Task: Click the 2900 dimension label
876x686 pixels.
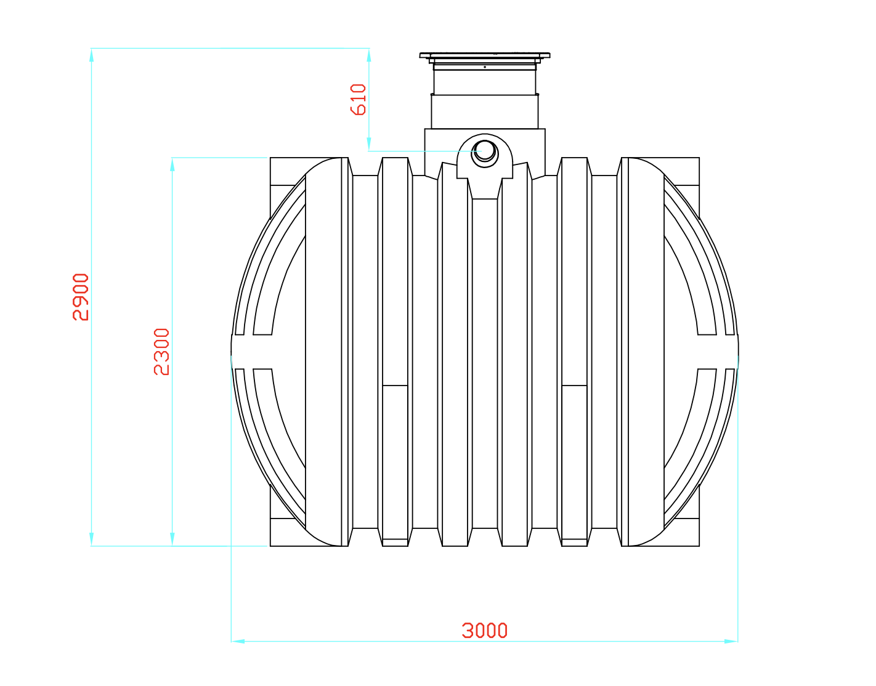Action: click(81, 297)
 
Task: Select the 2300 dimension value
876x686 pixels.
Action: click(161, 352)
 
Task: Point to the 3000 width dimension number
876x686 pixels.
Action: click(484, 631)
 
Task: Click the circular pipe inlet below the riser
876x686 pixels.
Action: click(485, 153)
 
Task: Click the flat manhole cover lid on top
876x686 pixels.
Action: click(485, 55)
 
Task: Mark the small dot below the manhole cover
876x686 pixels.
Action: click(485, 67)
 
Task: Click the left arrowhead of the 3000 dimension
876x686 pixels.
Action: click(238, 641)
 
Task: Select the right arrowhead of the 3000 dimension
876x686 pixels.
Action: click(731, 641)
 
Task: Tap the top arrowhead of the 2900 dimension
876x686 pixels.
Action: click(92, 55)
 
